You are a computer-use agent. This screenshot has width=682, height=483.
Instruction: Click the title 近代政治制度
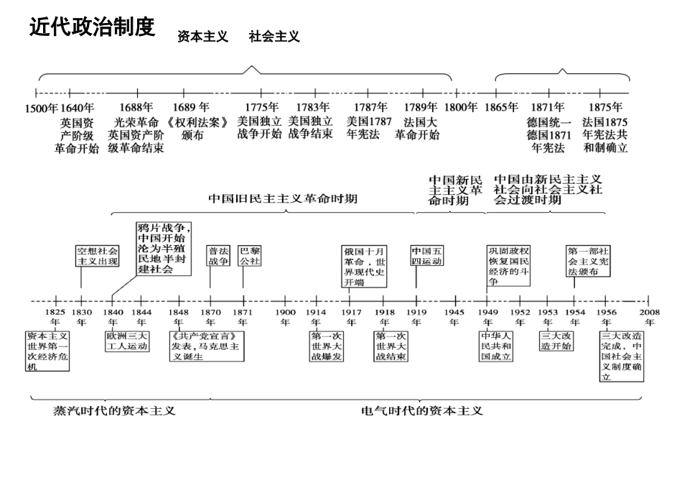click(x=92, y=27)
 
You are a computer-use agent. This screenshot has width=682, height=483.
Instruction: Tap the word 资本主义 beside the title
click(x=202, y=37)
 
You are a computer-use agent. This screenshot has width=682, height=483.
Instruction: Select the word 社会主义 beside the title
click(x=274, y=37)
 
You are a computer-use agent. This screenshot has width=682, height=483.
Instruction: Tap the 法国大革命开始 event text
click(x=417, y=128)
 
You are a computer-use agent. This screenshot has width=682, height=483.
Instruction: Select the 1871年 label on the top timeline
click(x=548, y=108)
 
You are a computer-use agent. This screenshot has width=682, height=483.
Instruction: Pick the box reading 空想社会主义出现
click(x=97, y=257)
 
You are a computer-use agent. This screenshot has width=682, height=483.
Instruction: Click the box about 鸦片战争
click(x=164, y=249)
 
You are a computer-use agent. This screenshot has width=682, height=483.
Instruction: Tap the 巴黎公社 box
click(x=250, y=257)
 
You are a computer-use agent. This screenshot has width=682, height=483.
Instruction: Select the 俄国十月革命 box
click(x=365, y=267)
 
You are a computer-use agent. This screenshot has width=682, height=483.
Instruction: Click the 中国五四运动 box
click(x=427, y=257)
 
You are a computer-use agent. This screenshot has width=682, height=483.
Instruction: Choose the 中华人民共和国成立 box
click(x=497, y=346)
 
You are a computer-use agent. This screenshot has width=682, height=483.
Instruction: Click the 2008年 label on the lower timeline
click(x=650, y=317)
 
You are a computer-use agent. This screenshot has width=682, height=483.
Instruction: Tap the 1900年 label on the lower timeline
click(x=286, y=317)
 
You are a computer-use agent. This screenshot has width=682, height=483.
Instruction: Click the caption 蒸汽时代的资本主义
click(x=115, y=411)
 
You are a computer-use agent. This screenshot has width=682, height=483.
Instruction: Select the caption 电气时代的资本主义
click(x=422, y=411)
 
